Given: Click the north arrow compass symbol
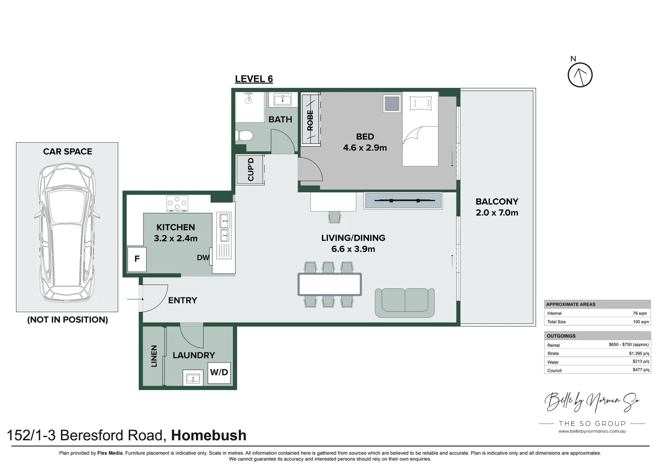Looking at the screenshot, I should pos(580,75).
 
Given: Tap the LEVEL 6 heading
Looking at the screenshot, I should pos(253,79).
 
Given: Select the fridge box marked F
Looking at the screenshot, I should pos(137,259).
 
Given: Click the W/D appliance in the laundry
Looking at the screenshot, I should pos(219,372).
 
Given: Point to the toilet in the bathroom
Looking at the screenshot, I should pos(244,136).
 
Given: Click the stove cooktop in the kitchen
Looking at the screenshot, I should pos(177,204).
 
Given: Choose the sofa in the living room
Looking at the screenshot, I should pos(404,302).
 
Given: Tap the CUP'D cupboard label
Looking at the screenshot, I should pos(250,170).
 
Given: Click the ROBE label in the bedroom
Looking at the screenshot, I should pos(310,120).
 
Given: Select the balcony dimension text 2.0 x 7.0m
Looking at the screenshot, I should pos(497,213).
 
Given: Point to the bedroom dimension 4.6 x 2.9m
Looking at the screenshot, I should pos(365,148).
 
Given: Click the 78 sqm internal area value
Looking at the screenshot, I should pos(639,313).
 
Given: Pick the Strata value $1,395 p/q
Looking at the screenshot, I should pos(639,353).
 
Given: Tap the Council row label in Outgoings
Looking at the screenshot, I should pos(554,371).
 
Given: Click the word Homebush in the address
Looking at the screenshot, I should pos(209,435).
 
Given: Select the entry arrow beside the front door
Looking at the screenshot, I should pos(135,299).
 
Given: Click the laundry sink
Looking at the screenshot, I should pos(193,378).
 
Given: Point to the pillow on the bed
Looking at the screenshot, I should pos(420,103).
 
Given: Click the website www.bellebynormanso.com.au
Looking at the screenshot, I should pos(591,431).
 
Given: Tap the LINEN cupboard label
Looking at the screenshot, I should pos(154,356).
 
